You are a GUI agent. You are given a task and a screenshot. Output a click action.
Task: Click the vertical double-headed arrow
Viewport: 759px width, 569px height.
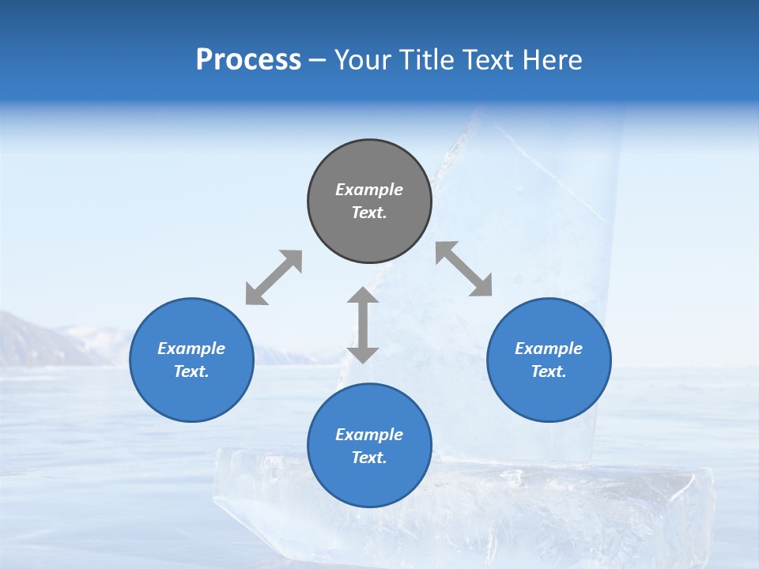(x=363, y=325)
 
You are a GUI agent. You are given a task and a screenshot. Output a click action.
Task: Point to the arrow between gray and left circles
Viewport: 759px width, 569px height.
(x=274, y=277)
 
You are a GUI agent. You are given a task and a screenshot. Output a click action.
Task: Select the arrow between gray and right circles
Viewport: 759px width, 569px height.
(x=464, y=269)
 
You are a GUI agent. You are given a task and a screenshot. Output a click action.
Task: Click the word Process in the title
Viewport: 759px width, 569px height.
(x=248, y=60)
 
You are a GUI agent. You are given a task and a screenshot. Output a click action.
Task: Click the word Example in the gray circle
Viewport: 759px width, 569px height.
(x=369, y=190)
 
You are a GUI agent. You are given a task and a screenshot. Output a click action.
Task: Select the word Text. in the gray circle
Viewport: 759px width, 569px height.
(x=369, y=213)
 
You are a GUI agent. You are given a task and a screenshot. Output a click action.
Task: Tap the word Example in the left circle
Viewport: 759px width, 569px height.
(x=191, y=349)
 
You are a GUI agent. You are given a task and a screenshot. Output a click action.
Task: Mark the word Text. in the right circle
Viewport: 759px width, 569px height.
(x=549, y=371)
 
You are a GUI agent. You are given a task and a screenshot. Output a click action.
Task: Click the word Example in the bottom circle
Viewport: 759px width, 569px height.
(x=369, y=435)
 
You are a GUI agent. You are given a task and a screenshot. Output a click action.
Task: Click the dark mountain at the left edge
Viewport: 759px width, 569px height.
(x=32, y=344)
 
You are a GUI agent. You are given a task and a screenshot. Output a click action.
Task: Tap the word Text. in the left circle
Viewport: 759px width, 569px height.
(x=191, y=371)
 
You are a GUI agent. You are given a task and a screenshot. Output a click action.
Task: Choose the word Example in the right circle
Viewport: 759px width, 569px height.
(x=549, y=349)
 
